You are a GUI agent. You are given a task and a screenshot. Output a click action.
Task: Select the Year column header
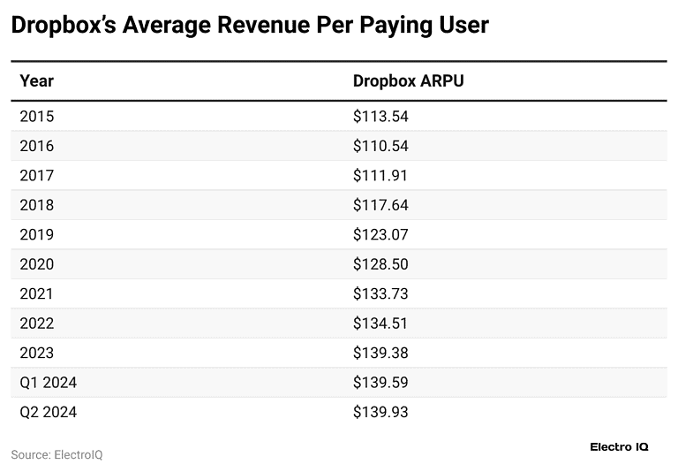[36, 81]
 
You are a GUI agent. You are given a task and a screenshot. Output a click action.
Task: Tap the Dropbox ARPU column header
[408, 81]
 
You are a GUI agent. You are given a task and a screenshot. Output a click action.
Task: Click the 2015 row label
[36, 117]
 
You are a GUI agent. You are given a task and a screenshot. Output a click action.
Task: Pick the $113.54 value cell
[380, 117]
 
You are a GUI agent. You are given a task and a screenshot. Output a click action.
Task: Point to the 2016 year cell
[36, 146]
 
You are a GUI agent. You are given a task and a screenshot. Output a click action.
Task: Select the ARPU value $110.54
[380, 146]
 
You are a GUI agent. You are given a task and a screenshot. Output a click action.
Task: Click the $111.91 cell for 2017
[380, 176]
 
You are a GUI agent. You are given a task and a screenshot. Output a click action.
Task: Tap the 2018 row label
[36, 205]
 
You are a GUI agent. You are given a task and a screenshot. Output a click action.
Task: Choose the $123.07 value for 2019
[380, 235]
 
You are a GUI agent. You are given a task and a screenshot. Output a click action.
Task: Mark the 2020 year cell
[36, 264]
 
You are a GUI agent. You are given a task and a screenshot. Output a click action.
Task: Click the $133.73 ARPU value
[380, 293]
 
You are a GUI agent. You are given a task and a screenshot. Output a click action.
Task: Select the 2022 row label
[36, 324]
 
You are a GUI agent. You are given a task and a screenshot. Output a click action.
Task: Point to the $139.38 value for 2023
[380, 353]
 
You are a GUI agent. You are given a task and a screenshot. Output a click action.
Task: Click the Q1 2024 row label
[49, 383]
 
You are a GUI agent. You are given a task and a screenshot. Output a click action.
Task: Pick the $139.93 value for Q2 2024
[380, 412]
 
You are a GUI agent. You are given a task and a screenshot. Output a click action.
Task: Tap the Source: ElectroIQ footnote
[56, 454]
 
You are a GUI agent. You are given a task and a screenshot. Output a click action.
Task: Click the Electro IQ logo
[619, 447]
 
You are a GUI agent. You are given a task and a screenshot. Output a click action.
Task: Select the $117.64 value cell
[380, 205]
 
